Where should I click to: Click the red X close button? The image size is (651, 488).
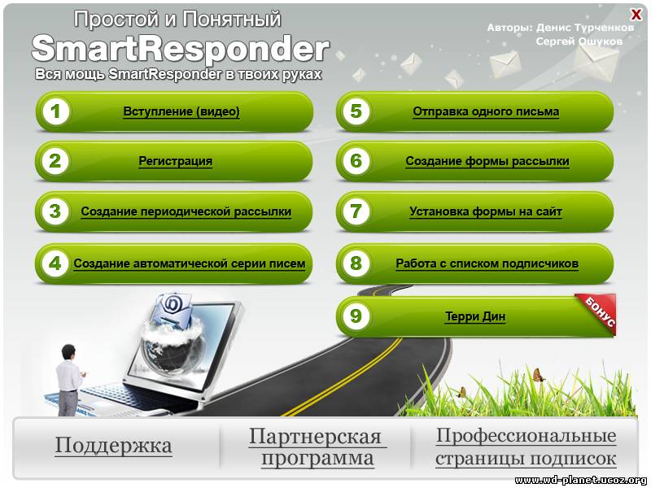[636, 15]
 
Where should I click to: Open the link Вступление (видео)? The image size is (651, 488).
[181, 111]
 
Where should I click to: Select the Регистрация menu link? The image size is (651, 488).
[175, 161]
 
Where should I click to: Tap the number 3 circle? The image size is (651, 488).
[55, 211]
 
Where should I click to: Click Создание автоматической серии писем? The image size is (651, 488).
[190, 264]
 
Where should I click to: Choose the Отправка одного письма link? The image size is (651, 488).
[486, 111]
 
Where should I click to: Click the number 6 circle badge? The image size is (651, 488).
[356, 161]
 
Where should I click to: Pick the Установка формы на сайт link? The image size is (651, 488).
[486, 211]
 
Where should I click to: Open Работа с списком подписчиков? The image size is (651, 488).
[487, 264]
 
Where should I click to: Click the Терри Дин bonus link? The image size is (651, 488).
[475, 316]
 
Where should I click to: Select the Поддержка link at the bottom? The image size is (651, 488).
[113, 446]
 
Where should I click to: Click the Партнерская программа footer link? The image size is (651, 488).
[317, 447]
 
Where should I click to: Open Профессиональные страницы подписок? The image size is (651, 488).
[526, 447]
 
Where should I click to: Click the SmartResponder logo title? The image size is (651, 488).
[181, 49]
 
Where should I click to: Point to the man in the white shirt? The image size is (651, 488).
[69, 380]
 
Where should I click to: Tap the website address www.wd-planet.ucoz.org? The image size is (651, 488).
[580, 480]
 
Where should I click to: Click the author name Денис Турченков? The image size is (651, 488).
[585, 28]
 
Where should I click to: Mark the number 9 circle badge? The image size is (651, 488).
[356, 316]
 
